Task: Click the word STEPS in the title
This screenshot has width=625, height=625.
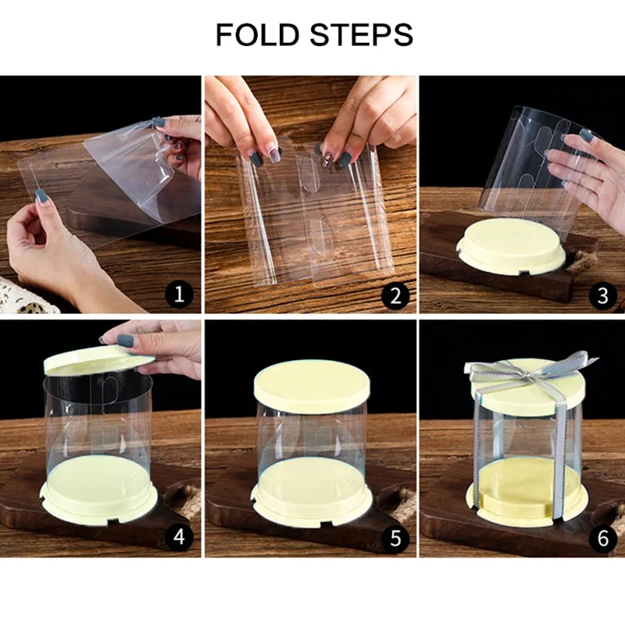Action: coord(362,34)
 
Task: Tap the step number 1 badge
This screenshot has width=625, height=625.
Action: coord(179,295)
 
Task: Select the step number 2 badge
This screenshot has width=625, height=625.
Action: coord(395,295)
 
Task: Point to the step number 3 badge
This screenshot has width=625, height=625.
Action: coord(602,295)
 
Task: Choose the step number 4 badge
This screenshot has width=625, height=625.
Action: coord(179,537)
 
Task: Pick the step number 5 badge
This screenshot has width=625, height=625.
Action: coord(395,538)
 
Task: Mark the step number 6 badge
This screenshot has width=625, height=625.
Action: coord(602,538)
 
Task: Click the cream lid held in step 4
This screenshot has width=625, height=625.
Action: coord(98,360)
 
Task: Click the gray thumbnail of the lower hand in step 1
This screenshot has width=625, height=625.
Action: coord(41,195)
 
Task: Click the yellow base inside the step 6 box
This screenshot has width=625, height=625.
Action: coord(526,490)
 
